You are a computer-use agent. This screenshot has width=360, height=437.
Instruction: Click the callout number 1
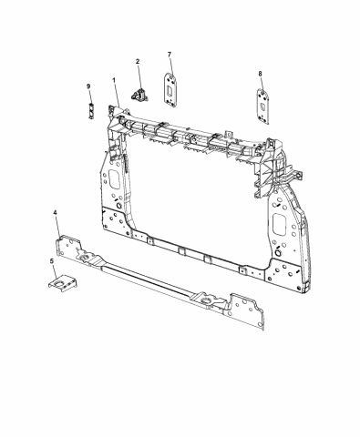[116, 80]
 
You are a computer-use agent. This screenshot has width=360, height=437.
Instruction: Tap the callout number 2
[138, 62]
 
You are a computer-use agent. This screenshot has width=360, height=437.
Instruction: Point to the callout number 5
[51, 262]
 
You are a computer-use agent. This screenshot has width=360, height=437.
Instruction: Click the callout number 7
[170, 56]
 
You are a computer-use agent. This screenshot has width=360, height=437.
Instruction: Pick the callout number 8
[260, 73]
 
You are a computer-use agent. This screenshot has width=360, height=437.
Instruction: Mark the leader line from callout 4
[59, 226]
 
